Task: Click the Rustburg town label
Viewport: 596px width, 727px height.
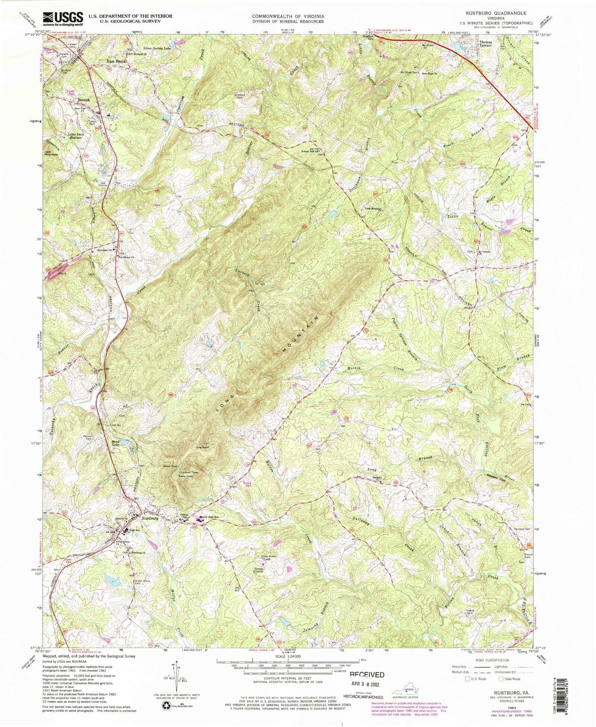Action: [150, 519]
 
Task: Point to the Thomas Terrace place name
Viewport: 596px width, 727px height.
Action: [486, 44]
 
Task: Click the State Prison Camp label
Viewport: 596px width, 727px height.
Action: [269, 559]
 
